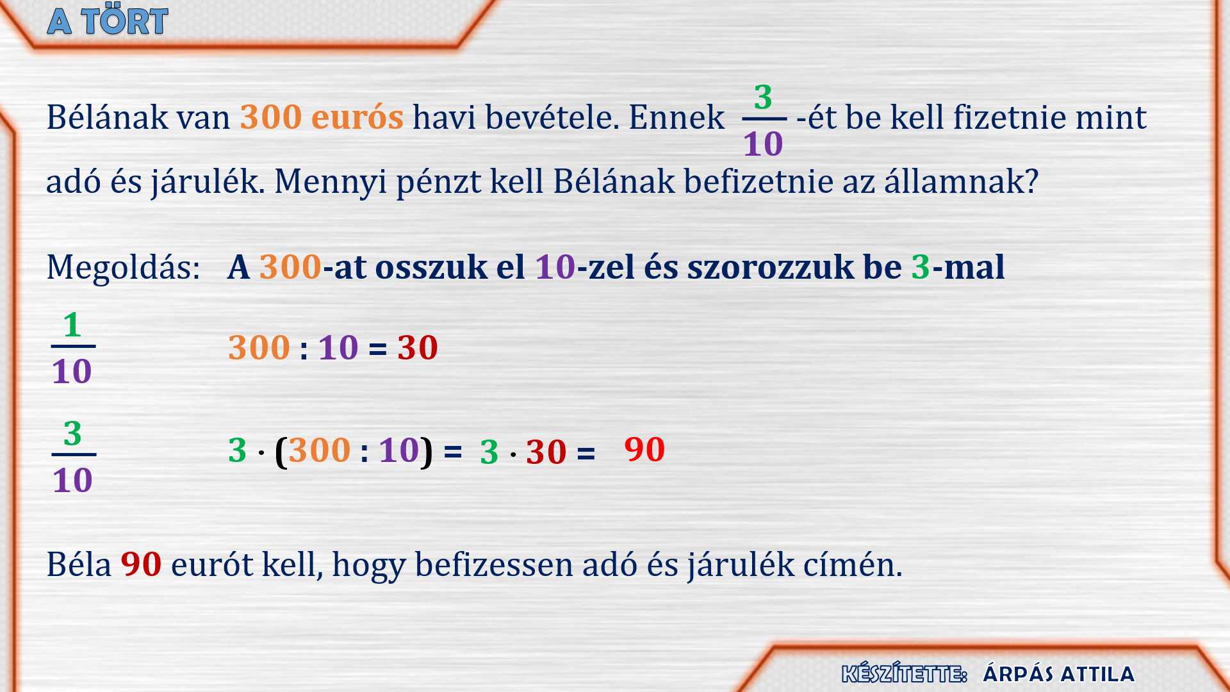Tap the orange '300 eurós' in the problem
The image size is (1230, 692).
pos(322,117)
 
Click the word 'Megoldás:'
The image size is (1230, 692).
pos(123,268)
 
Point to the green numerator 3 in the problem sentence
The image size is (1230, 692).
pos(763,97)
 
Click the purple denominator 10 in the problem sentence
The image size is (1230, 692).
pos(763,144)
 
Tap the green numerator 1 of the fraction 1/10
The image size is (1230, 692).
pos(72,325)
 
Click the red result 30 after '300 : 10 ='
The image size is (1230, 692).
pos(418,348)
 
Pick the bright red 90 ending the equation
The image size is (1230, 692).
pos(644,449)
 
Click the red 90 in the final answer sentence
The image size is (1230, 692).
pos(141,564)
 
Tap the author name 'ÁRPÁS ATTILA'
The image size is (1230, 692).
pos(1059,674)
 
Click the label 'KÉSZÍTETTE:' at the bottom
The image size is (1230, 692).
pos(904,674)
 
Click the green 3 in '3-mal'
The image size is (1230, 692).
pos(921,267)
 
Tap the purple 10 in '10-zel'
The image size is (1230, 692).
pos(555,267)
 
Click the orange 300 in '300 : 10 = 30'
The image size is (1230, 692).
pos(259,348)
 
